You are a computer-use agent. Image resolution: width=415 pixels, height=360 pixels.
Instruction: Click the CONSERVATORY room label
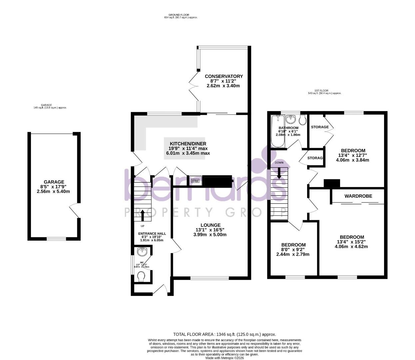click(x=223, y=76)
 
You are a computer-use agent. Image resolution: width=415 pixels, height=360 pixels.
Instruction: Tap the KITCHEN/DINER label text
click(x=188, y=143)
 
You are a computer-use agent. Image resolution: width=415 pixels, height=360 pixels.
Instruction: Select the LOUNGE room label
click(x=210, y=225)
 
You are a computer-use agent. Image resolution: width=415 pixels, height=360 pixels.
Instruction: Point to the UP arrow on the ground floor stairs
click(x=143, y=215)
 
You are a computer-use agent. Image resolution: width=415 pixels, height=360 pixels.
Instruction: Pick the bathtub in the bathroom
click(x=277, y=131)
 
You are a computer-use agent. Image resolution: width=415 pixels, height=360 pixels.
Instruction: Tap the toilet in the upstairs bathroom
click(x=303, y=119)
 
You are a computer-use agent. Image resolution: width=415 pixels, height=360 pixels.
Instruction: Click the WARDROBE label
click(x=358, y=196)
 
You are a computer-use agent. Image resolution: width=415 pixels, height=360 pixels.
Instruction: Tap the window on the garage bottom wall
click(x=56, y=238)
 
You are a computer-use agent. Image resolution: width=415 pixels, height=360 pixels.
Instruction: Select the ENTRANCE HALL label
click(x=152, y=234)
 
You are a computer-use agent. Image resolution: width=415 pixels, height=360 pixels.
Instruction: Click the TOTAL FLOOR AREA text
click(x=224, y=334)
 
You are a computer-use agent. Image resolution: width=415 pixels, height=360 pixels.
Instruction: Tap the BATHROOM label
click(x=288, y=128)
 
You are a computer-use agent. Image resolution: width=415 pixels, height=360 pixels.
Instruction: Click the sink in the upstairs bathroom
click(x=291, y=119)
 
